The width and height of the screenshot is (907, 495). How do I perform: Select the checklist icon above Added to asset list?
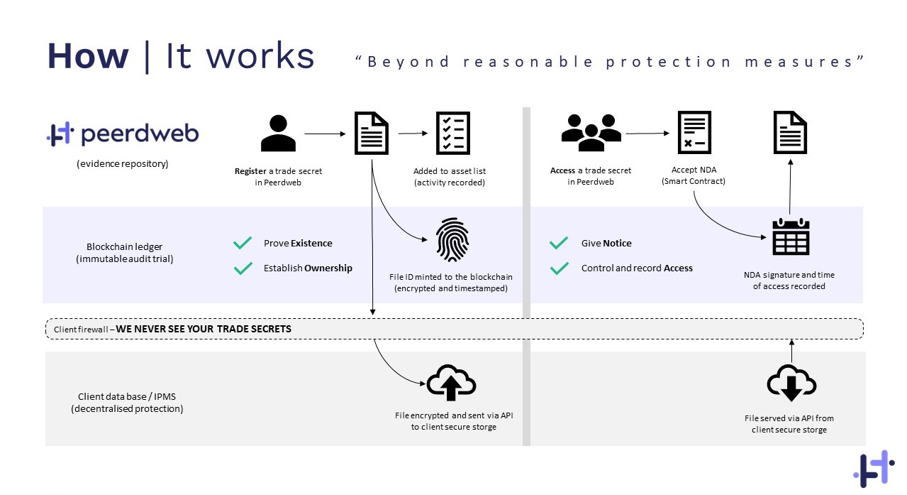pyautogui.click(x=452, y=132)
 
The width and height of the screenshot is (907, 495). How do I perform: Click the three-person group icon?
pyautogui.click(x=591, y=133)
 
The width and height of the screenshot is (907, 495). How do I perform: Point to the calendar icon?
pyautogui.click(x=790, y=236)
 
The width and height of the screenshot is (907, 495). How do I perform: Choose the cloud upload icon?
pyautogui.click(x=451, y=384)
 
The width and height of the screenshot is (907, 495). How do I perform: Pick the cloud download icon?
pyautogui.click(x=791, y=384)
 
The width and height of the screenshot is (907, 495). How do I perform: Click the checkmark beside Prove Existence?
pyautogui.click(x=243, y=243)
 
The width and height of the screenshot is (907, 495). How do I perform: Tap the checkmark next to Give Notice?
pyautogui.click(x=559, y=243)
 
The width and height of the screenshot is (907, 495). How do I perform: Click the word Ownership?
pyautogui.click(x=328, y=268)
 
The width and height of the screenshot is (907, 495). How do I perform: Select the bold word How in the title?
pyautogui.click(x=88, y=57)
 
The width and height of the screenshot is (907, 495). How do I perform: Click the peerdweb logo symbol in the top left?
pyautogui.click(x=60, y=134)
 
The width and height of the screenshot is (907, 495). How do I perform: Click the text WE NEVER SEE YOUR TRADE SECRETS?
pyautogui.click(x=204, y=330)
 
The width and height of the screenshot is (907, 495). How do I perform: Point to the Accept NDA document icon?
pyautogui.click(x=694, y=132)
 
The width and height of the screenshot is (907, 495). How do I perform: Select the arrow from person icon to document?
pyautogui.click(x=325, y=133)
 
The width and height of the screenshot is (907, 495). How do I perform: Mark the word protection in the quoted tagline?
pyautogui.click(x=668, y=62)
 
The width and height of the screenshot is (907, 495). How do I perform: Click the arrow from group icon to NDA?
pyautogui.click(x=647, y=133)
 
